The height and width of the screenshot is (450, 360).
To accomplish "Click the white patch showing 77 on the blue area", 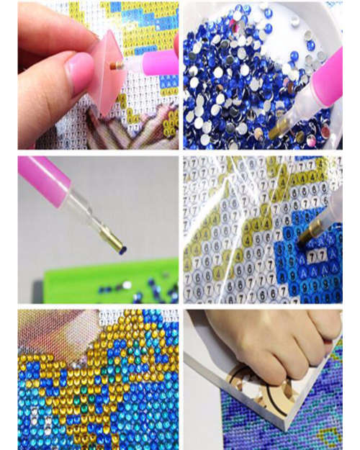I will [317, 256].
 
